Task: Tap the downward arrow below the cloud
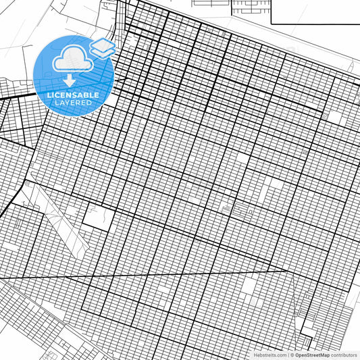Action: point(70,80)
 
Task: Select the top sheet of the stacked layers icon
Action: point(103,43)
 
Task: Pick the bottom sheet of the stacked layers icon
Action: point(103,51)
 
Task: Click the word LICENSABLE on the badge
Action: point(73,95)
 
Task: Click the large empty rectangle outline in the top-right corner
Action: point(315,11)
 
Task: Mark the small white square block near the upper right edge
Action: point(334,117)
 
